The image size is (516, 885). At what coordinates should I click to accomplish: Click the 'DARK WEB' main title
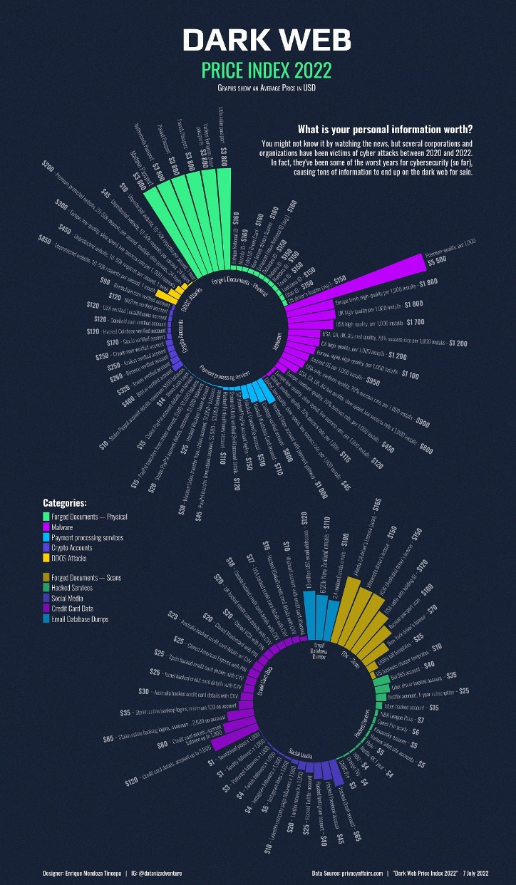pos(257,41)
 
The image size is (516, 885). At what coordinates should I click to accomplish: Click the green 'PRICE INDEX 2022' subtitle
pos(257,71)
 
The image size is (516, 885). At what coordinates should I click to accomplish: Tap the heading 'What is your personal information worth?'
pos(385,130)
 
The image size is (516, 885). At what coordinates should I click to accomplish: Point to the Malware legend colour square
pos(46,527)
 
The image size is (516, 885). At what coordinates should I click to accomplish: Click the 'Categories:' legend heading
pos(65,503)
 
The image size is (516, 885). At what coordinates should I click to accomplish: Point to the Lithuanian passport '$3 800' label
pos(224,152)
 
